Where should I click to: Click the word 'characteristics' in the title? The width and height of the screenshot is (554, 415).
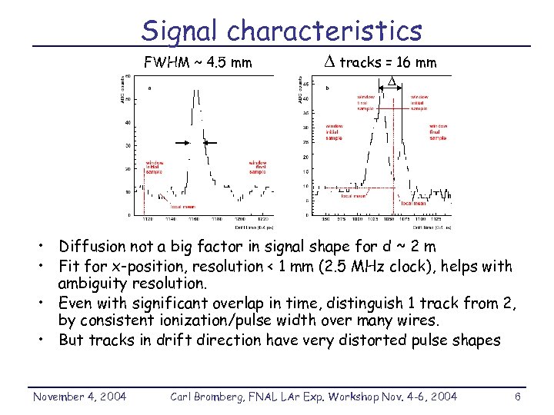point(325,31)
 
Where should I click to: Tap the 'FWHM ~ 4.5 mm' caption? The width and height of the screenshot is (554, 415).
point(199,62)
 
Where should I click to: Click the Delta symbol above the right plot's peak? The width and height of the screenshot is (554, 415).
point(391,81)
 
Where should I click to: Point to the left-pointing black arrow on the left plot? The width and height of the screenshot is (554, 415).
point(212,142)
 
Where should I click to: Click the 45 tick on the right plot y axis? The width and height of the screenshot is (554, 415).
point(305,84)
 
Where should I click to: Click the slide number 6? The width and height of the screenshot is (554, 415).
point(518,396)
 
